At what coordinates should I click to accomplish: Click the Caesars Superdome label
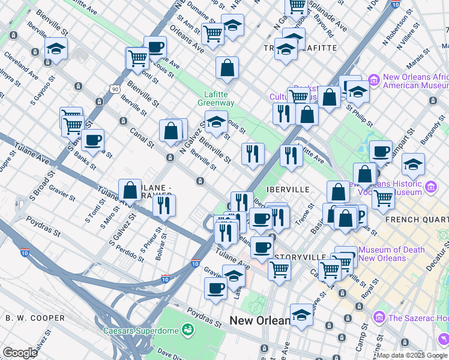click(x=142, y=331)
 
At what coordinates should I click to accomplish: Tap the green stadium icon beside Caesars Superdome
click(x=188, y=329)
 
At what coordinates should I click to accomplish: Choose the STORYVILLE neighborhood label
click(x=300, y=257)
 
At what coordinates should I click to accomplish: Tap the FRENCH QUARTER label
click(x=417, y=220)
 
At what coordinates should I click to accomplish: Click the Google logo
click(x=20, y=353)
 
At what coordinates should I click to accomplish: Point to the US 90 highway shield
click(x=114, y=89)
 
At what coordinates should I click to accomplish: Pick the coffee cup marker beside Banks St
click(x=92, y=140)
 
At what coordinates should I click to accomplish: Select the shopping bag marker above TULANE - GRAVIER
click(x=130, y=190)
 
